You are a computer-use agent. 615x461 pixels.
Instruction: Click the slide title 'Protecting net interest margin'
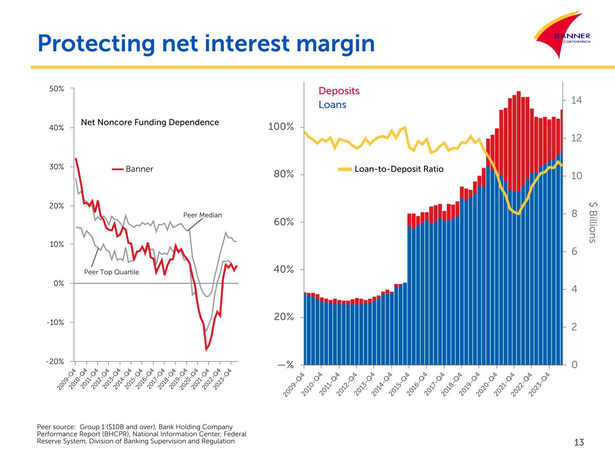[206, 44]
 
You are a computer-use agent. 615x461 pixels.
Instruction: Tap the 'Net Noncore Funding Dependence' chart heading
[150, 122]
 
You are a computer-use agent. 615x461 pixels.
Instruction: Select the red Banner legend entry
[133, 169]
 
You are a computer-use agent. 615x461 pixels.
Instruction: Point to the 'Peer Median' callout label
[202, 215]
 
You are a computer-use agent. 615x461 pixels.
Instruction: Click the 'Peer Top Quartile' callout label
[112, 272]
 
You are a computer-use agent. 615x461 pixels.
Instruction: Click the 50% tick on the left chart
[57, 89]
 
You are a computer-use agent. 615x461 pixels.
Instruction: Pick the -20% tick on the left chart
[55, 362]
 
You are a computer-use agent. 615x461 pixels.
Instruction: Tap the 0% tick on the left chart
[59, 284]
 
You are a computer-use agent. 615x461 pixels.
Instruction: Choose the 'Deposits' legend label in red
[339, 90]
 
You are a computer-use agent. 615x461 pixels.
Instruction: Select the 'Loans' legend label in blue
[332, 104]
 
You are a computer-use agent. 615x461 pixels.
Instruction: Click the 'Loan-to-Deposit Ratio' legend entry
[391, 169]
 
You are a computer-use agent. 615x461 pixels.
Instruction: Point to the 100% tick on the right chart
[281, 127]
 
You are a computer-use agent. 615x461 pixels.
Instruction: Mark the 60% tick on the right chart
[283, 222]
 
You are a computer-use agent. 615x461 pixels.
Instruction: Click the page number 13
[579, 443]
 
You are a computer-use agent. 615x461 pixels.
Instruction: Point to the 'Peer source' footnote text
[141, 434]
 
